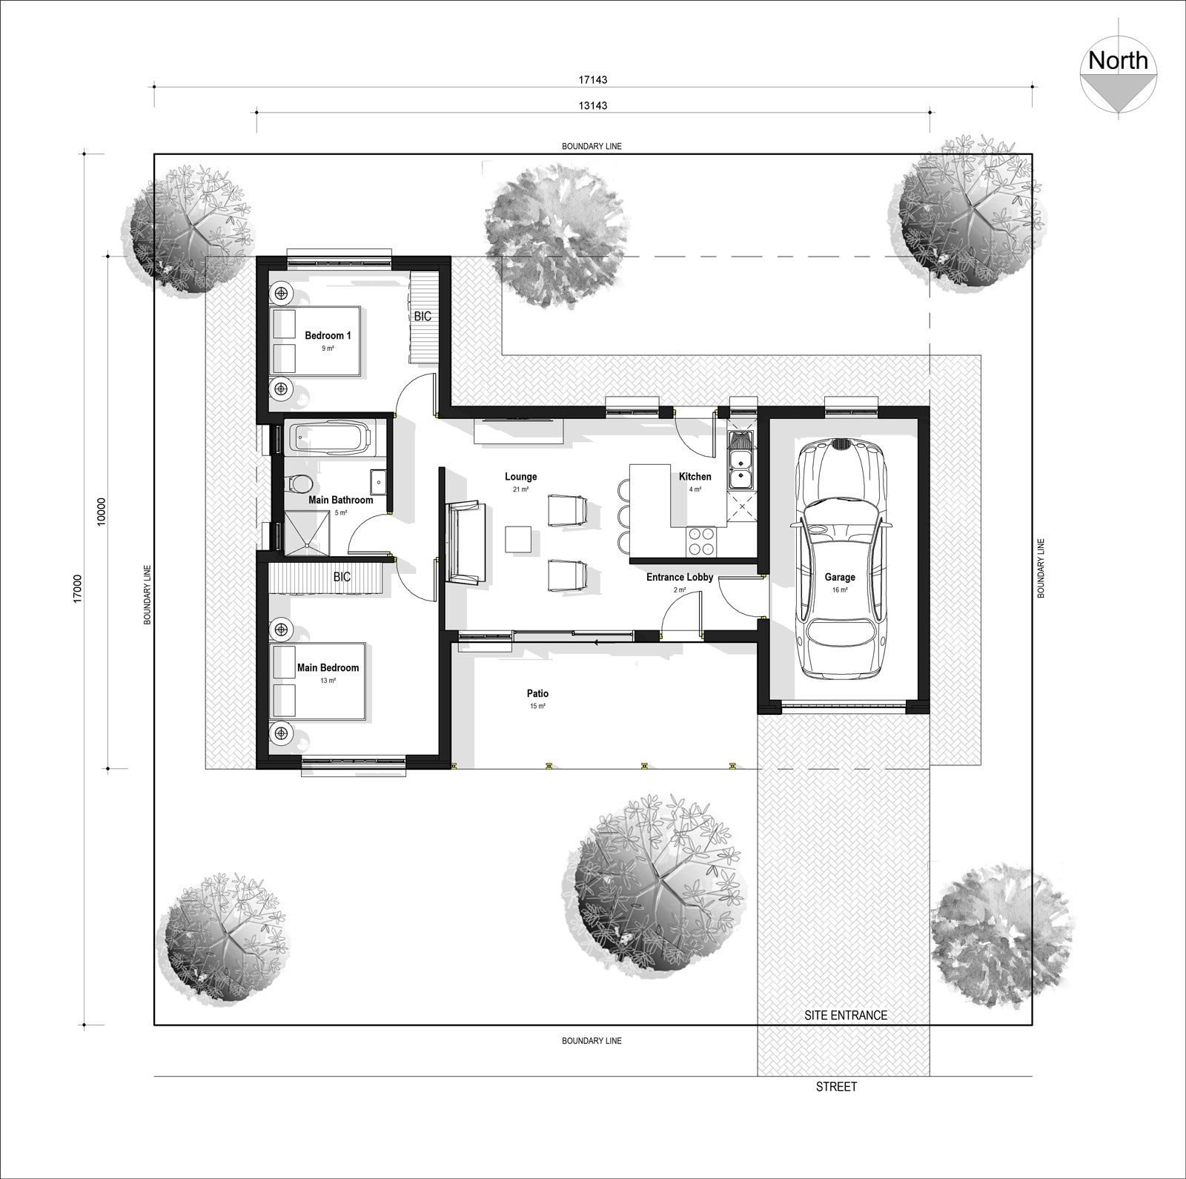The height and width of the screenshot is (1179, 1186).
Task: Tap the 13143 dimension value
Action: click(x=593, y=105)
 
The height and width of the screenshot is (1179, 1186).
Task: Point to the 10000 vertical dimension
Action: click(x=102, y=511)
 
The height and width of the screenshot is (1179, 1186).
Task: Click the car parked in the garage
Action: click(x=840, y=560)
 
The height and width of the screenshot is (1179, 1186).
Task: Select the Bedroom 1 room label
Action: click(x=328, y=336)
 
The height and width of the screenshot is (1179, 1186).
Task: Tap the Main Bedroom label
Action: click(x=328, y=667)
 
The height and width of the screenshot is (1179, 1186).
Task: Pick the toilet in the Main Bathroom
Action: click(x=298, y=484)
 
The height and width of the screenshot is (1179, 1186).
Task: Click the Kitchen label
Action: click(x=695, y=477)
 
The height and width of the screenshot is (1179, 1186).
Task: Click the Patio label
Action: click(x=537, y=693)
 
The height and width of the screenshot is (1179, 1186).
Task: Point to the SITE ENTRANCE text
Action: click(x=845, y=1015)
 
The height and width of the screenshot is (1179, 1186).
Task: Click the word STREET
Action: click(x=836, y=1086)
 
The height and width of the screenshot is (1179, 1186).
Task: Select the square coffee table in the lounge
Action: click(x=518, y=538)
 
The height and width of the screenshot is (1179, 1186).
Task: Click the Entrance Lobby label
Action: click(x=679, y=577)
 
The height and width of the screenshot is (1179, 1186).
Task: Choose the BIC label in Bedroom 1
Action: click(x=423, y=316)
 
